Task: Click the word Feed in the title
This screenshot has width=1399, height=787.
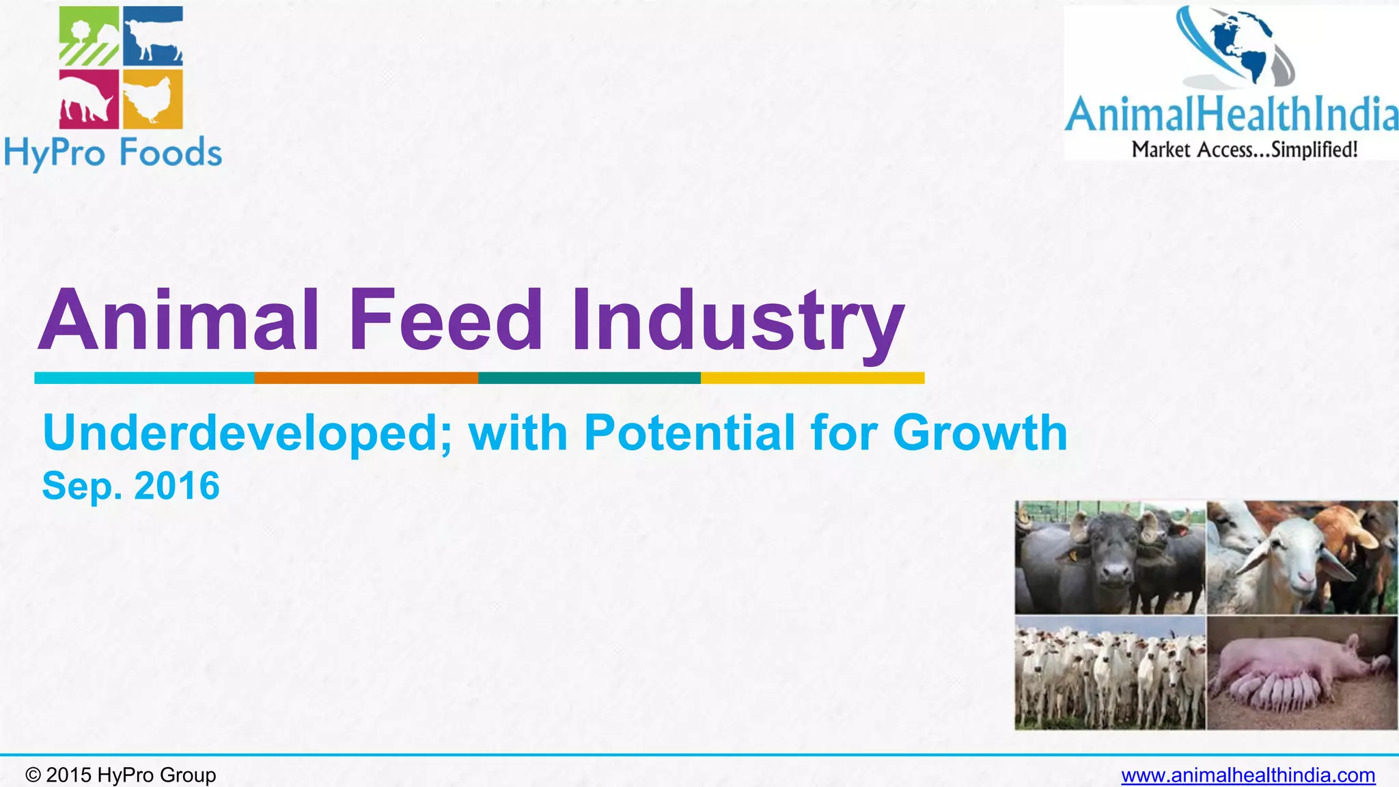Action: [445, 320]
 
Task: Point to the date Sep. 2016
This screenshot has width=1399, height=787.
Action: [131, 486]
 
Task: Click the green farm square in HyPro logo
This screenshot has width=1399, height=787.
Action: [89, 36]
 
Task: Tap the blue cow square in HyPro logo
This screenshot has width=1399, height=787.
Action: [153, 36]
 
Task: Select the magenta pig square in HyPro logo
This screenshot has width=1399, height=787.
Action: [89, 99]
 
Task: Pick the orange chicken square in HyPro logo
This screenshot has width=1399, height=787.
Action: [153, 99]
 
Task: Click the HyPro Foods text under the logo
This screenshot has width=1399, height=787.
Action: [113, 153]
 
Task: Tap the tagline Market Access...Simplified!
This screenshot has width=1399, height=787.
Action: [1245, 150]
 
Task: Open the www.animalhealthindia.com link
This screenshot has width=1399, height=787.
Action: [1248, 775]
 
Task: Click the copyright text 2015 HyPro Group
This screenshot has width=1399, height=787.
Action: [121, 775]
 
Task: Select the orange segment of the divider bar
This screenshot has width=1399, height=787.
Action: [366, 378]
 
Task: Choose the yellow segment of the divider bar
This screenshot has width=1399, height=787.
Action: [812, 378]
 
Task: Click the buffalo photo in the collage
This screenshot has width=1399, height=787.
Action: [1109, 557]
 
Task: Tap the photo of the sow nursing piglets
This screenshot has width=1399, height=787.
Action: [1302, 674]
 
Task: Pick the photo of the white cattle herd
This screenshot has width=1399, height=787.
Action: [1109, 674]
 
